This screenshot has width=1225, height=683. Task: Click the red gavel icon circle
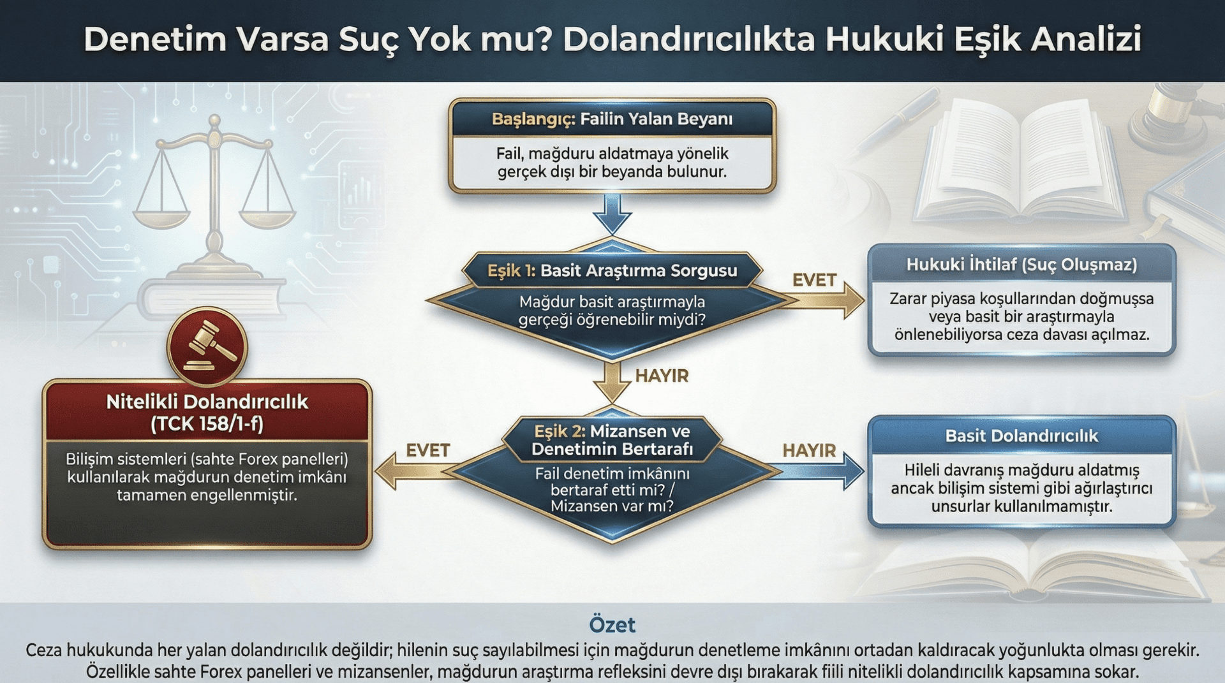(x=207, y=347)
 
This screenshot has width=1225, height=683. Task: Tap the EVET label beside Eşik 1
(x=813, y=280)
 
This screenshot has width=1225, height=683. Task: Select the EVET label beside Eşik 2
(x=427, y=450)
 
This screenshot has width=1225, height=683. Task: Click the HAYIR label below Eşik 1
(x=662, y=376)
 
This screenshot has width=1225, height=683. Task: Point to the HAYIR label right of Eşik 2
(x=809, y=450)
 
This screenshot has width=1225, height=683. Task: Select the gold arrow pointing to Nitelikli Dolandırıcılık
(x=408, y=472)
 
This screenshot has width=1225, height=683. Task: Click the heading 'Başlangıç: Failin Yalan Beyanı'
(x=612, y=119)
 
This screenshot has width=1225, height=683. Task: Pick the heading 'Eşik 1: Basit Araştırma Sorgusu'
(x=612, y=270)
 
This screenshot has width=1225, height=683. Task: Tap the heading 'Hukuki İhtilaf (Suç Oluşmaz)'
(x=1021, y=264)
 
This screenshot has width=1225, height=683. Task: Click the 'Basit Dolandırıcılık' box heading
(x=1021, y=436)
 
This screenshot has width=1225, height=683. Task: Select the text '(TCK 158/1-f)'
(x=207, y=424)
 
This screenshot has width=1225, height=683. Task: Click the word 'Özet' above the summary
(x=612, y=624)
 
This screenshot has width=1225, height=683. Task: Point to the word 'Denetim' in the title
(x=155, y=39)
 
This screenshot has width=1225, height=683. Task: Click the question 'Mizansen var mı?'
(x=612, y=506)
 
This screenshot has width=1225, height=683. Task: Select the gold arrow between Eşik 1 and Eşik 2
(x=612, y=381)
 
